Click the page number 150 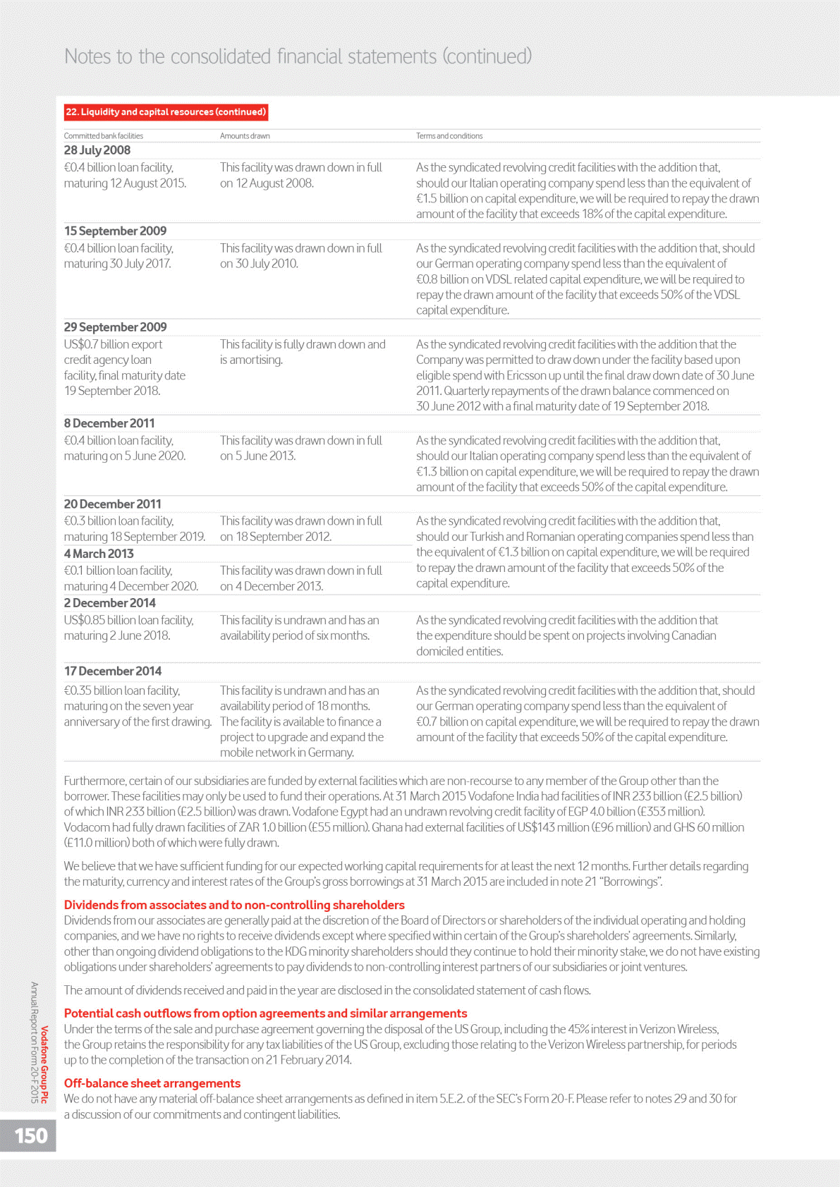click(x=31, y=1136)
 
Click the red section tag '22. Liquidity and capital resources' click(x=166, y=112)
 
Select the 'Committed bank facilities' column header click(x=104, y=136)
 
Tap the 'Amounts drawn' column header click(x=245, y=136)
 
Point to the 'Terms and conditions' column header click(x=449, y=136)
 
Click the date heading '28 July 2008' click(x=97, y=150)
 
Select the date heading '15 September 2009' click(x=116, y=231)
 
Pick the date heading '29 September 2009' click(x=116, y=327)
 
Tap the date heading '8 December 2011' click(x=109, y=423)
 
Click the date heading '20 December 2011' click(x=113, y=504)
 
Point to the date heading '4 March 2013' click(x=99, y=554)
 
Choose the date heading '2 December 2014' click(x=110, y=603)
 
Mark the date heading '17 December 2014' click(x=113, y=671)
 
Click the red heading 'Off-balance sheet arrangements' click(x=152, y=1083)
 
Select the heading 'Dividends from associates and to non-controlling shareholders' click(x=234, y=905)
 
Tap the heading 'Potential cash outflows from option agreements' click(x=265, y=1013)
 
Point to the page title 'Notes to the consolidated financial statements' click(x=298, y=56)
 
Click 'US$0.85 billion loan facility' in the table click(x=129, y=621)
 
